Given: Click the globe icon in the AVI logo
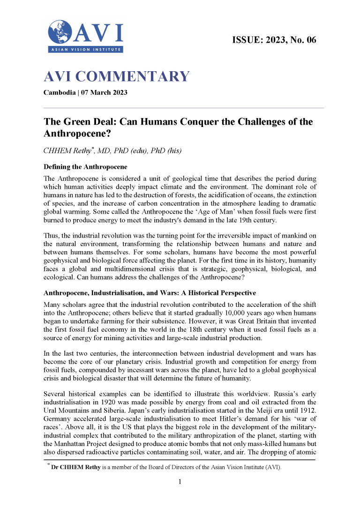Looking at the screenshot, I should tap(60, 32).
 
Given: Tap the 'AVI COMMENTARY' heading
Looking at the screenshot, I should tap(116, 76).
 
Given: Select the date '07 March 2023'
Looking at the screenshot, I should tap(104, 92).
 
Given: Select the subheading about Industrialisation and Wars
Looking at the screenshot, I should tap(150, 293).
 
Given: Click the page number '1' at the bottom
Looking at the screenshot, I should tap(180, 481).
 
